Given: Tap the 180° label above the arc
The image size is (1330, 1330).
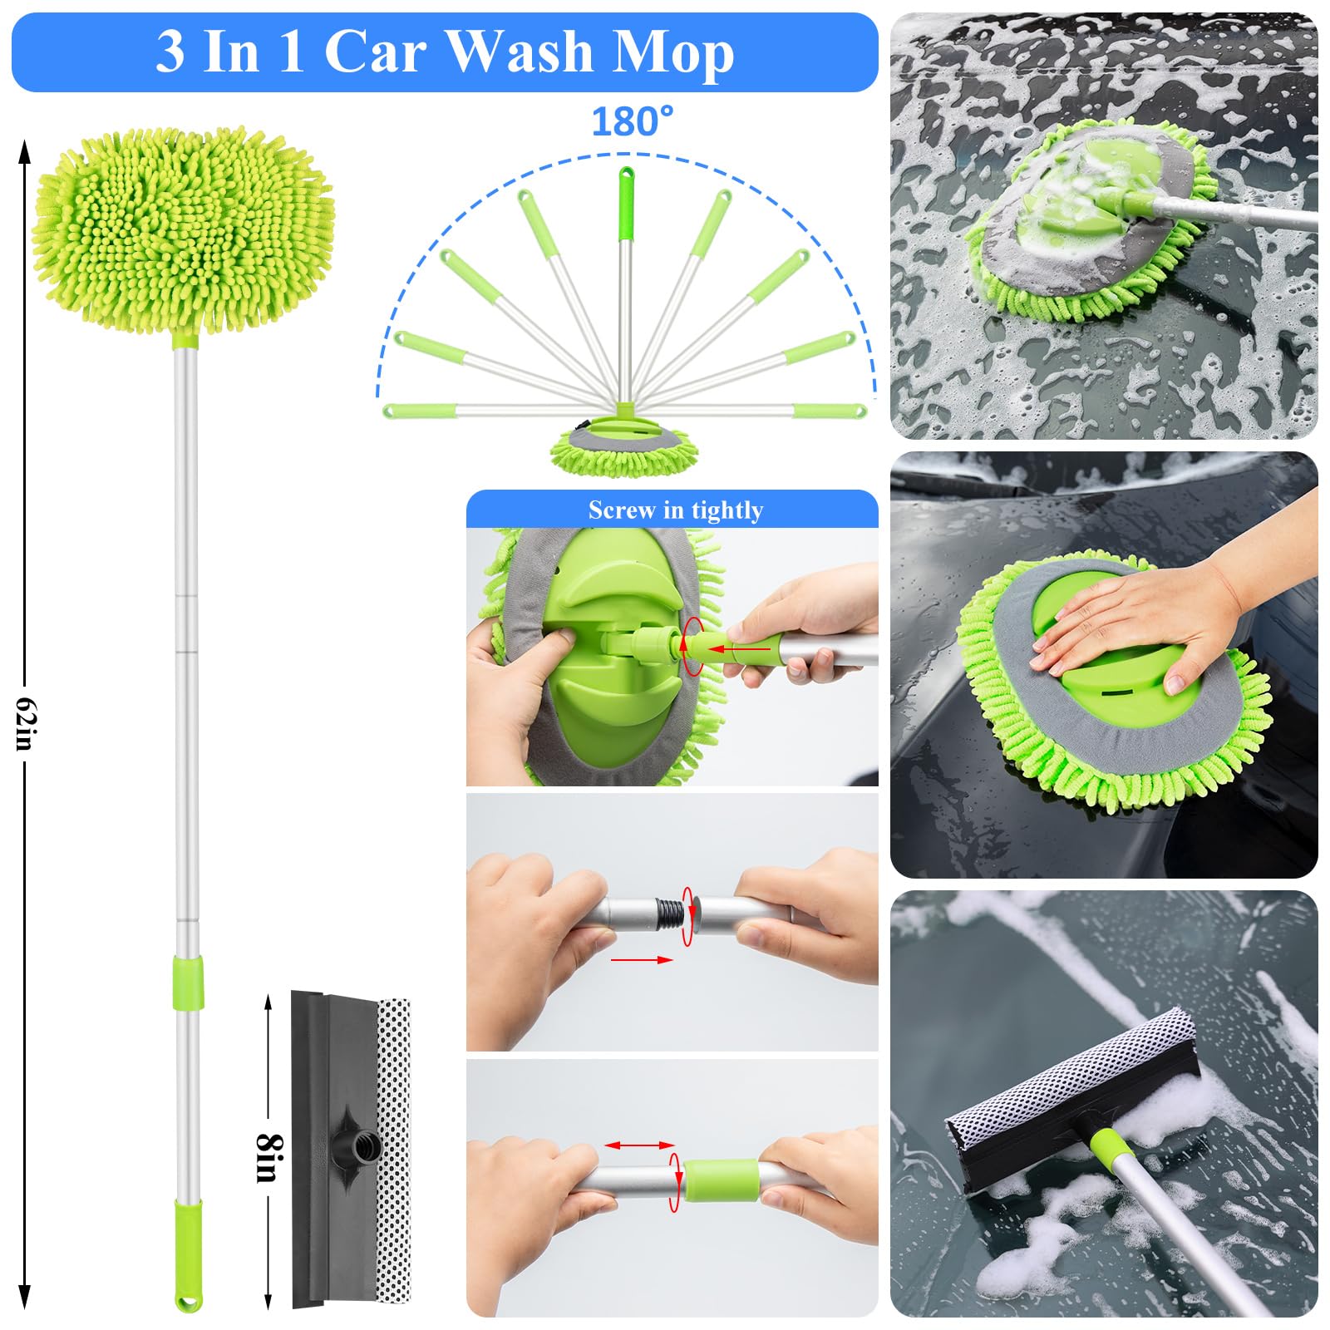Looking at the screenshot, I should point(632,122).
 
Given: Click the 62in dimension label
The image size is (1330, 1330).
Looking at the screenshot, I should point(25,723).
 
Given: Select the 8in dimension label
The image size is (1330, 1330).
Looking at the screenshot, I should point(268,1157).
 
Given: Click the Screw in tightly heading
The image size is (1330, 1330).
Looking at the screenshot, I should point(675,510).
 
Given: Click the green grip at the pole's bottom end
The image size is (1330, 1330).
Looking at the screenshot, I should point(188,1251).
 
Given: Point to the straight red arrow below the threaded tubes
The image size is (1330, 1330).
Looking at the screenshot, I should point(641,959).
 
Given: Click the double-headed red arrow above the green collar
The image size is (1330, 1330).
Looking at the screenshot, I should point(638,1145).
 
